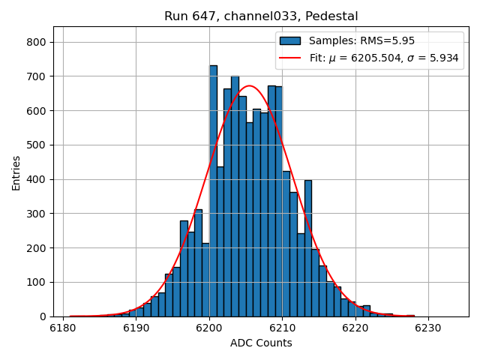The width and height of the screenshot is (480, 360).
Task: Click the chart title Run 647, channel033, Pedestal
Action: (261, 16)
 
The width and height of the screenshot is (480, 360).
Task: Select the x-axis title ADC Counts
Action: (261, 343)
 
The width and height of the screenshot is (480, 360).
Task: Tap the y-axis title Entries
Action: (16, 172)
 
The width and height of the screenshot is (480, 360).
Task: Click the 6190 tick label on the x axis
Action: (136, 328)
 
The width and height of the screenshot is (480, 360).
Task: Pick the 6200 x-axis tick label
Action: (209, 328)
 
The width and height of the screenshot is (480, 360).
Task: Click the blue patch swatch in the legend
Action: (290, 41)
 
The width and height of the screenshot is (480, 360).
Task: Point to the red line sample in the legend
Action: (290, 58)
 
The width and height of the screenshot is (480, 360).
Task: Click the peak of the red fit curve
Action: (250, 85)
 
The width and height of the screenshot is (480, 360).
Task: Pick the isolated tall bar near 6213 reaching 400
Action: (308, 247)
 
